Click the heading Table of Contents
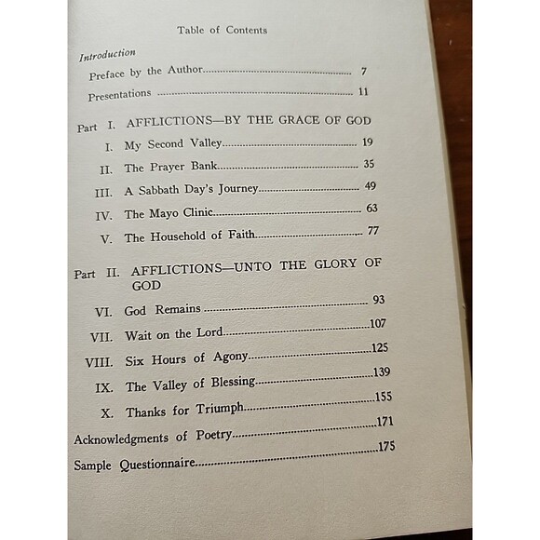point(222,30)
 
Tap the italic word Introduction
point(107,55)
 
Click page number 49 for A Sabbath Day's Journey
point(370,186)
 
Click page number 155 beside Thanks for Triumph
point(382,396)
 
